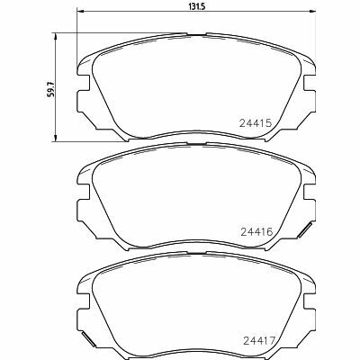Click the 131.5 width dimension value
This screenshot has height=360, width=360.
(196, 6)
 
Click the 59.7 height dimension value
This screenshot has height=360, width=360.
(51, 88)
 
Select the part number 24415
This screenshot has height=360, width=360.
(256, 123)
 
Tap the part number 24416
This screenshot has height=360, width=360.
(256, 232)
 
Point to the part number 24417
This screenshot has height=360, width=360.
(259, 341)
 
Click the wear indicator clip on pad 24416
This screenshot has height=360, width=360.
(306, 230)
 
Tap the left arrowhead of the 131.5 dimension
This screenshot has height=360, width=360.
(80, 12)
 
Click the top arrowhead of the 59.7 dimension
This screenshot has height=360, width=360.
(55, 36)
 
